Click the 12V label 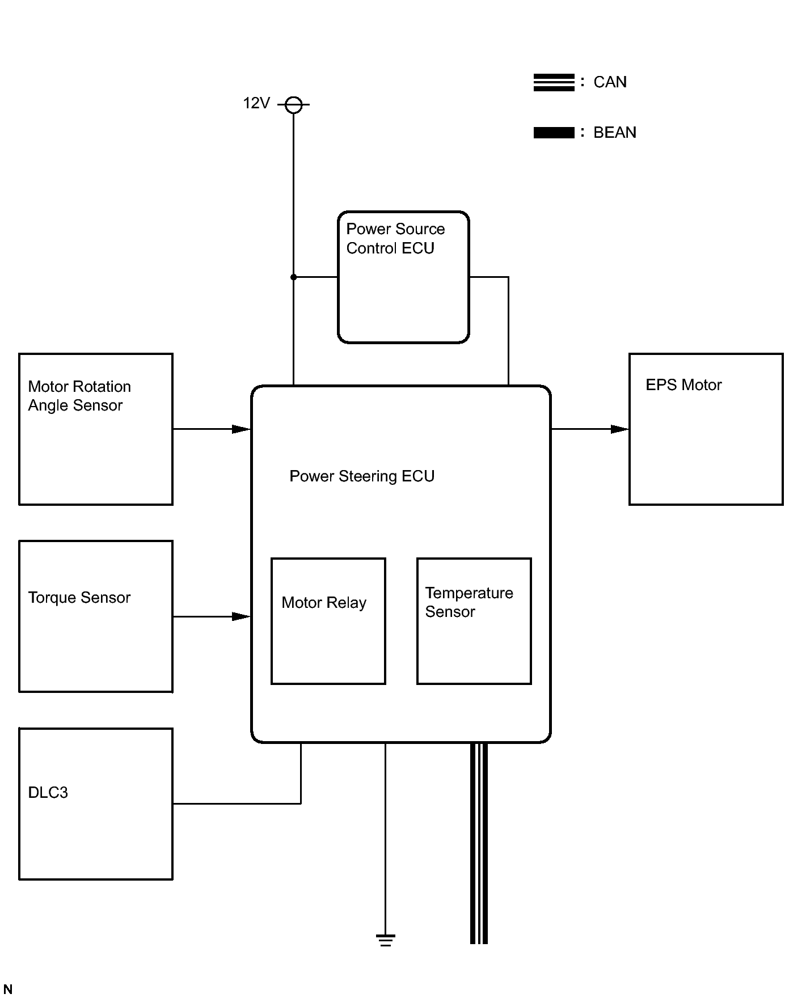[256, 103]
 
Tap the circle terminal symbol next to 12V [293, 105]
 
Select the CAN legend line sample [554, 82]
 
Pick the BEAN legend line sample [554, 133]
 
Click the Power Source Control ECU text [395, 239]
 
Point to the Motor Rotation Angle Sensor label [79, 396]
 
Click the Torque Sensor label [79, 598]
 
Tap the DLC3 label [48, 793]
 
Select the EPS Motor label [683, 385]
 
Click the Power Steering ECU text [362, 476]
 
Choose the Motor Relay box [328, 621]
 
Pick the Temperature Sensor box [474, 621]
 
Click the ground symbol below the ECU [385, 940]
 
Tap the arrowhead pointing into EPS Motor [620, 429]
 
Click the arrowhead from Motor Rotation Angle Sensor [242, 429]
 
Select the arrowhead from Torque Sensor [242, 616]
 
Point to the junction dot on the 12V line [293, 277]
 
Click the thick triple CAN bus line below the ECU [479, 843]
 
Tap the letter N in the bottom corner [8, 989]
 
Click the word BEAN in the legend [615, 133]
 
